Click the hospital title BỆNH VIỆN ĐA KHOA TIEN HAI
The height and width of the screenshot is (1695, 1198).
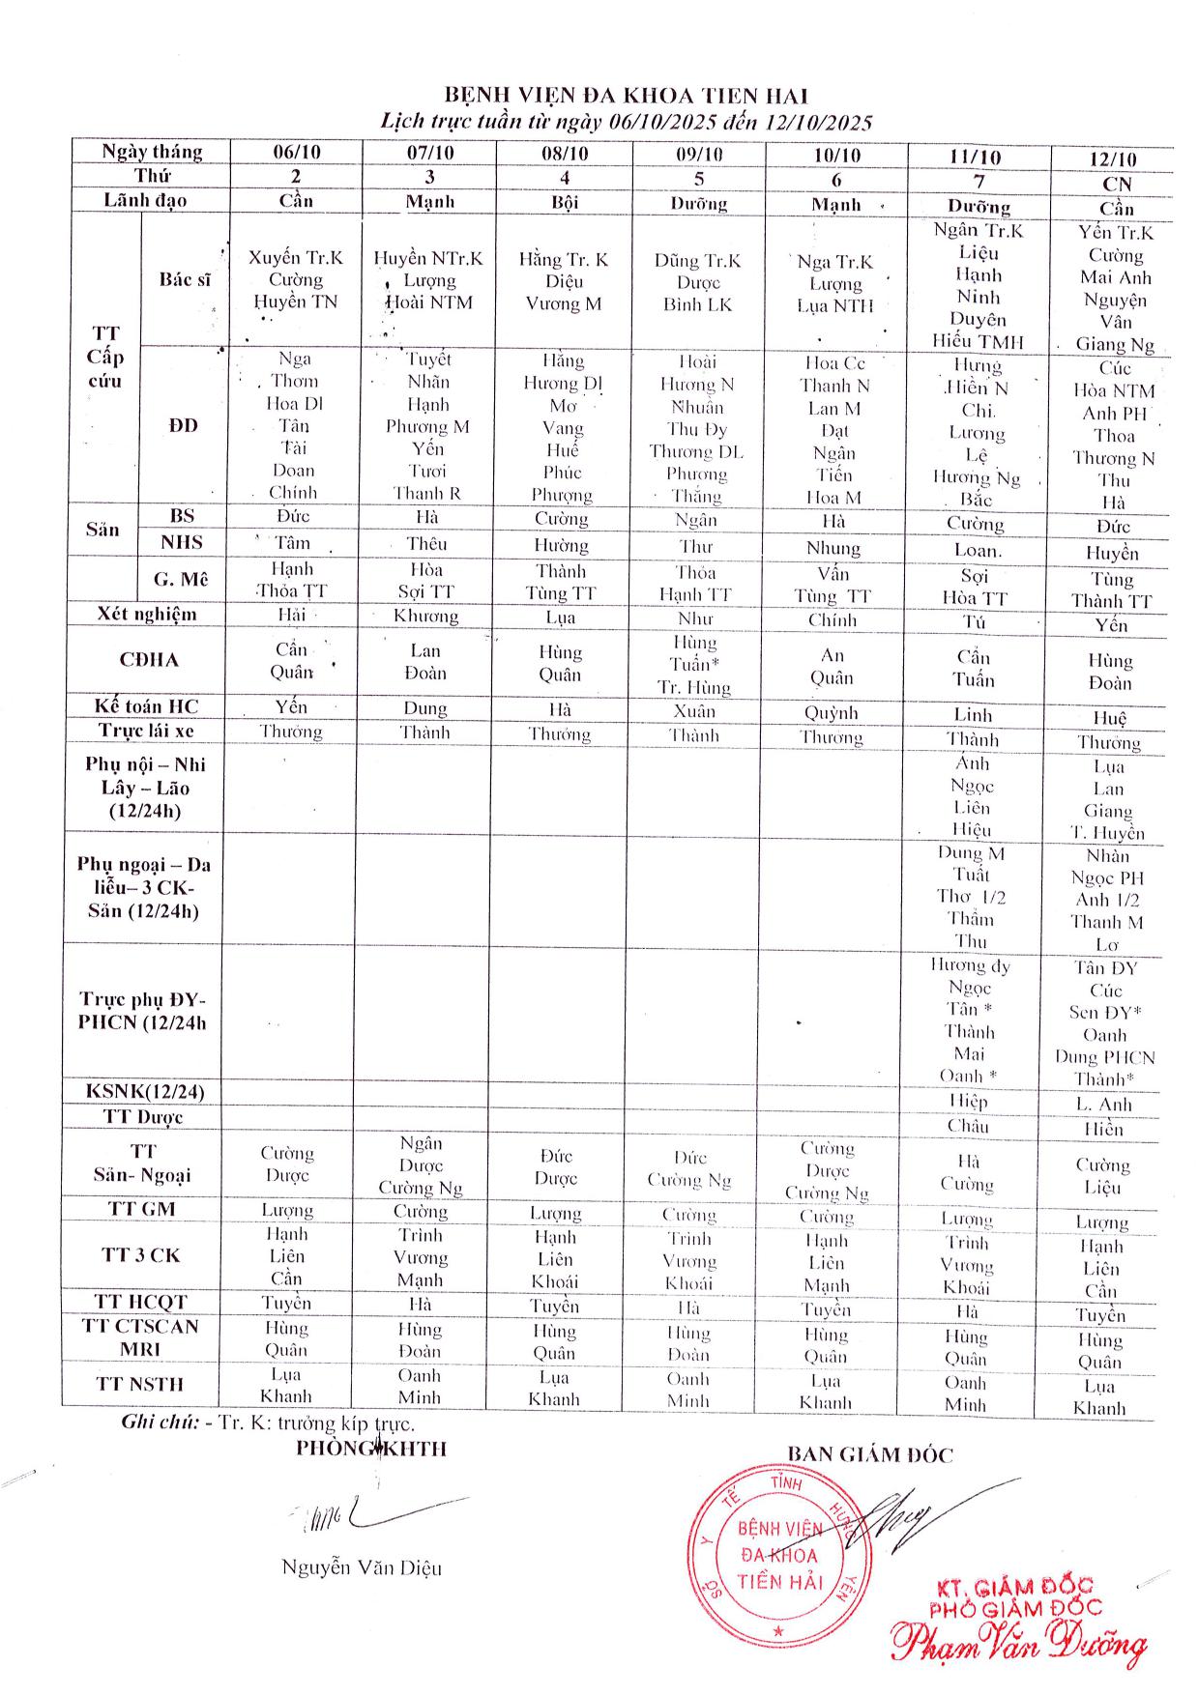point(626,95)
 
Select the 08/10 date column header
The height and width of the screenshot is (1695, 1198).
point(565,153)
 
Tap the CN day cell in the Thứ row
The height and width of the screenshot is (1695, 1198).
point(1116,184)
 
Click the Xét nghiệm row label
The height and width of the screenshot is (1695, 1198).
point(147,614)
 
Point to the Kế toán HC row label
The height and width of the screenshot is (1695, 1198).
point(146,706)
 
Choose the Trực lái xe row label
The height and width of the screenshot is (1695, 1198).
point(146,731)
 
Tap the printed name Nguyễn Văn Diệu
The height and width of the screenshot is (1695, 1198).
point(362,1567)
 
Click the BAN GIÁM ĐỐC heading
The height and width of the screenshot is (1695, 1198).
point(869,1455)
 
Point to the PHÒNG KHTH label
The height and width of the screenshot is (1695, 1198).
point(371,1448)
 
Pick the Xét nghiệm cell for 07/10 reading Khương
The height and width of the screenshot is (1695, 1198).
point(425,616)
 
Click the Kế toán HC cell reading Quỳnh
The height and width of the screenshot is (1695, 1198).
point(831,712)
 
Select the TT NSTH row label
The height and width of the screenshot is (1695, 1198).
point(140,1384)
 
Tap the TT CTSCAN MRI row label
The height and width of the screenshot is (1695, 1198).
point(140,1337)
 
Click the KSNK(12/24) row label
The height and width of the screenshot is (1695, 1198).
point(145,1092)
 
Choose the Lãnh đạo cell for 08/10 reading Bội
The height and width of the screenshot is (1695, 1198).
point(564,202)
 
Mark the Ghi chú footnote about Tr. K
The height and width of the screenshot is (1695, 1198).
point(268,1422)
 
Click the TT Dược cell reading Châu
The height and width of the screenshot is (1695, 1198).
point(968,1125)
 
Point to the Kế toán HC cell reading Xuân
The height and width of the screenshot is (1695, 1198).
point(694,711)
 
